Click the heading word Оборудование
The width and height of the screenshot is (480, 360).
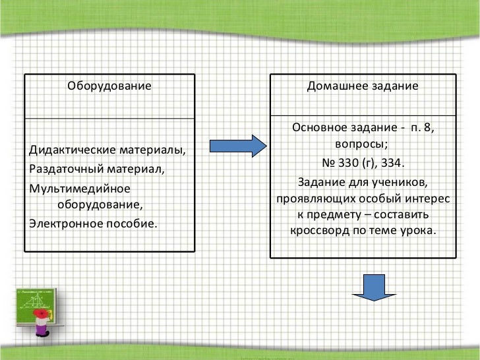pyautogui.click(x=109, y=86)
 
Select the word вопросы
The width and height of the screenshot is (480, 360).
pyautogui.click(x=361, y=144)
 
